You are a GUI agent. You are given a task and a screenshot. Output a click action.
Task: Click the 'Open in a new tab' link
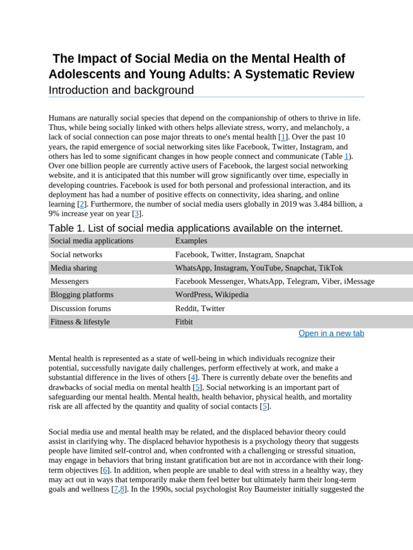click(x=331, y=334)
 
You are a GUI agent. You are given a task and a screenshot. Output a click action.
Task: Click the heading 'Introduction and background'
click(x=121, y=90)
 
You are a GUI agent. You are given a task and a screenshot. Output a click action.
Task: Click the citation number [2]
click(x=82, y=204)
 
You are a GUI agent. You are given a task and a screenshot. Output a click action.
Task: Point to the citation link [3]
click(x=137, y=213)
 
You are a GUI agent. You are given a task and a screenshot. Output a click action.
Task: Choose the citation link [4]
click(x=193, y=378)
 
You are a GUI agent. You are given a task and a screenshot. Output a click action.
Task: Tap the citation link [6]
click(x=105, y=470)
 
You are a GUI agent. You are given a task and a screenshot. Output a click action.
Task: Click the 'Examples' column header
click(x=191, y=241)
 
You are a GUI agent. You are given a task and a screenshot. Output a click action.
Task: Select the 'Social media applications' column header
click(x=92, y=241)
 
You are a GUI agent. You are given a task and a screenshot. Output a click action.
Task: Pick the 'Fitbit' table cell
click(x=184, y=322)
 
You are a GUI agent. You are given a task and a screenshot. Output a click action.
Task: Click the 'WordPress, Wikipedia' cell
click(x=211, y=295)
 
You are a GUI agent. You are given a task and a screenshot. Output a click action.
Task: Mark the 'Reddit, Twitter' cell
click(x=200, y=308)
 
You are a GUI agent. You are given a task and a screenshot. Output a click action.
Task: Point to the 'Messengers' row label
click(x=69, y=281)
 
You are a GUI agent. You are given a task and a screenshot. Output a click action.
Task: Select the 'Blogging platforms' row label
click(x=82, y=295)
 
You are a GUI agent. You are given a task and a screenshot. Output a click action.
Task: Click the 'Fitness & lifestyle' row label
click(x=80, y=322)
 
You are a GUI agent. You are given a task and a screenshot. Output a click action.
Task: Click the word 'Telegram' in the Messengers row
click(x=302, y=281)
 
